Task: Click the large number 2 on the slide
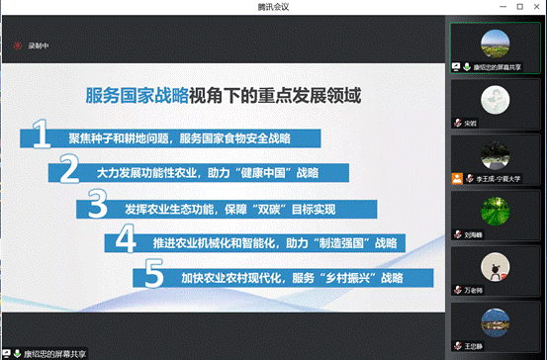(x=69, y=170)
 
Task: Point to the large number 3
(x=97, y=206)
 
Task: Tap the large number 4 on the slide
(x=126, y=241)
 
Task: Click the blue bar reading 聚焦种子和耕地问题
(x=178, y=137)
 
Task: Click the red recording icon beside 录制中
(x=17, y=45)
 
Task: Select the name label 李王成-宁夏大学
(x=494, y=179)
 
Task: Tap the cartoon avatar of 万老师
(x=494, y=268)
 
